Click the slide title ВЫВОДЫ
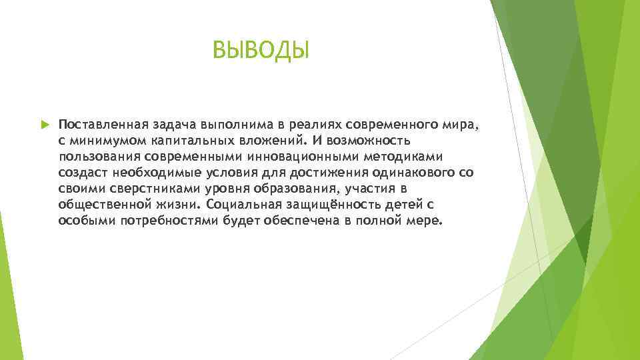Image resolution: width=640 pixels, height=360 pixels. [x=261, y=49]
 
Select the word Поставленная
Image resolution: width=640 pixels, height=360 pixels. [x=99, y=125]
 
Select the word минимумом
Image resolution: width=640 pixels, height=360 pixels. [x=101, y=141]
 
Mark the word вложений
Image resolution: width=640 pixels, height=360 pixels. [x=267, y=141]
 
